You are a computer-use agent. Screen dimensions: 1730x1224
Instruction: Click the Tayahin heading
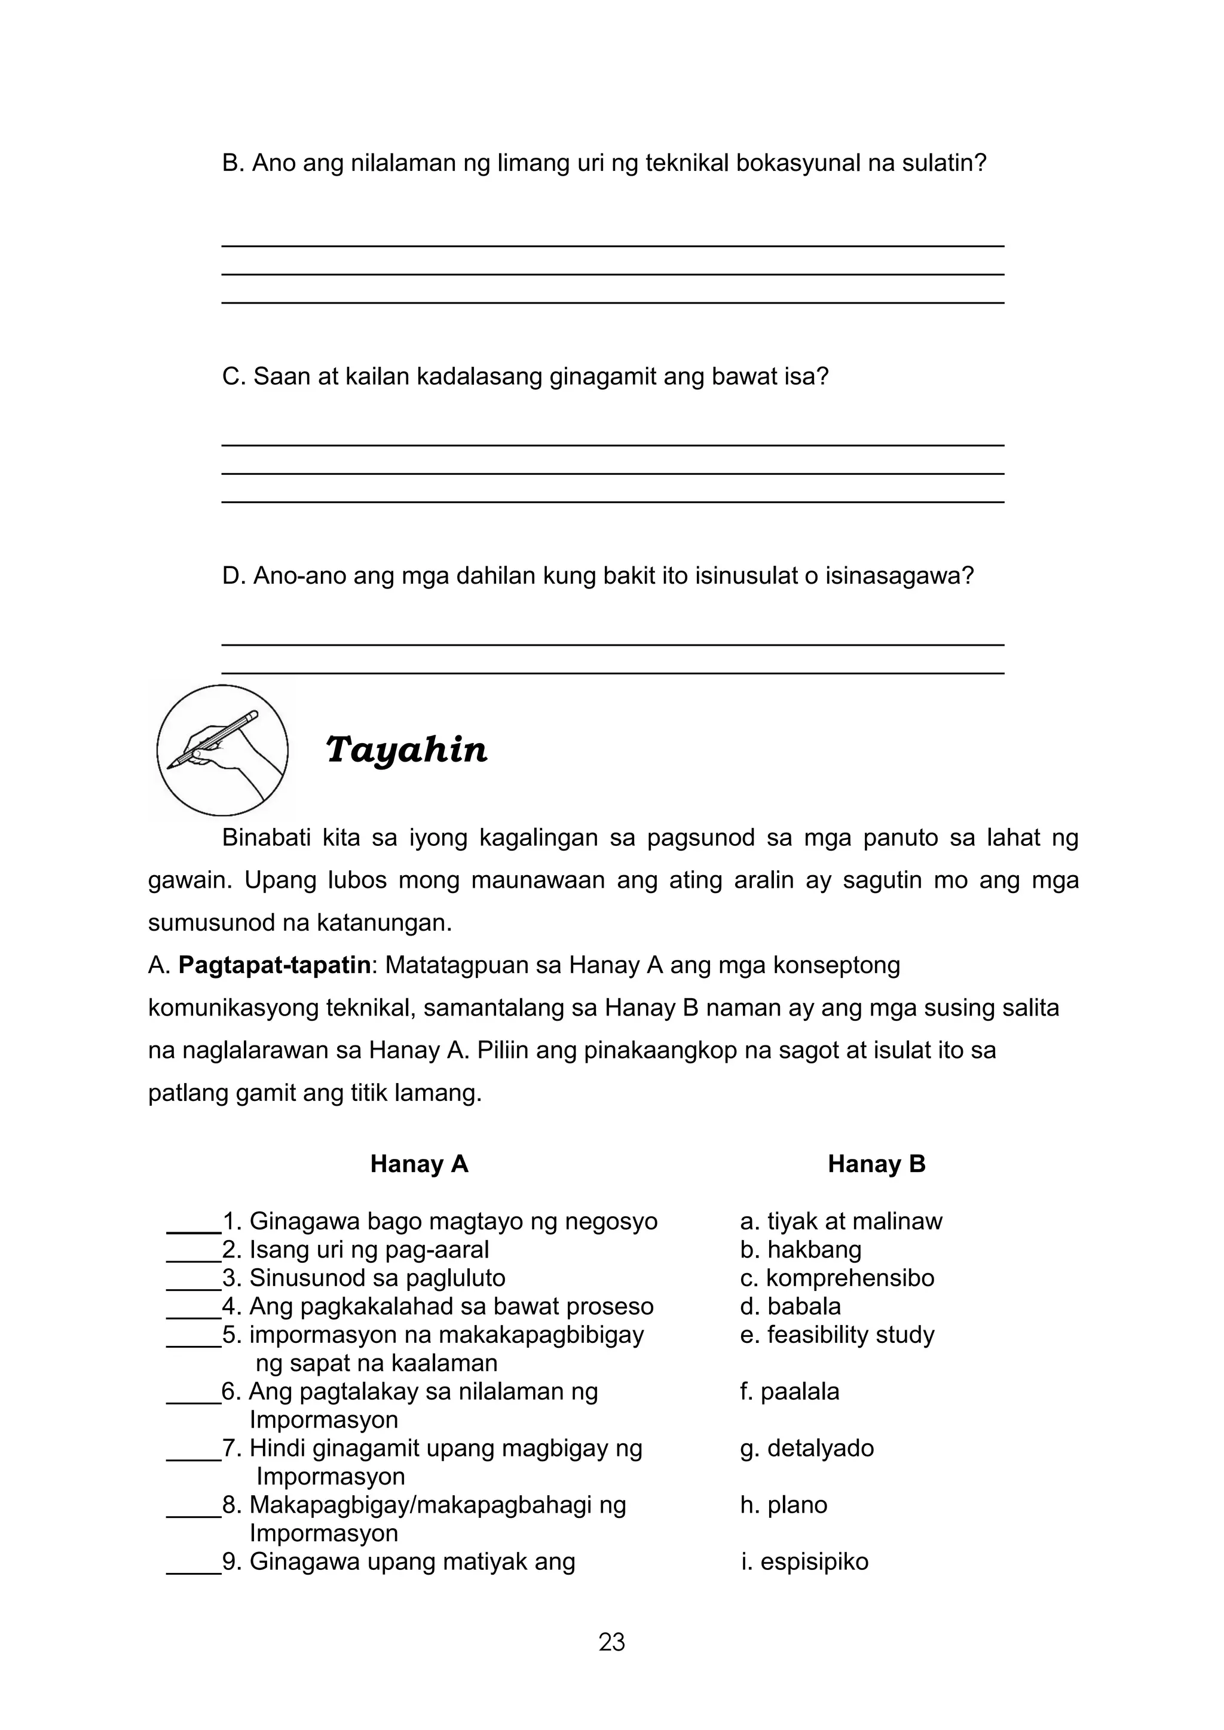(406, 750)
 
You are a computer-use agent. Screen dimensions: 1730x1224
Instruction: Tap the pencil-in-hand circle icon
(222, 750)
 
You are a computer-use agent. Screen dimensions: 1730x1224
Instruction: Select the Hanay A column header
(419, 1164)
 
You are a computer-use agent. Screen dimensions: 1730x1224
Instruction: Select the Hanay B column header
(876, 1164)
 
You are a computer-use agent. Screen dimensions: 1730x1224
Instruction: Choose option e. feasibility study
(837, 1335)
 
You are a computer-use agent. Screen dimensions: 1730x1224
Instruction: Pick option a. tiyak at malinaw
(840, 1222)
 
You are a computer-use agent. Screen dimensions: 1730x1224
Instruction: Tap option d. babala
(790, 1306)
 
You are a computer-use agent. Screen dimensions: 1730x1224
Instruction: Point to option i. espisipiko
(804, 1561)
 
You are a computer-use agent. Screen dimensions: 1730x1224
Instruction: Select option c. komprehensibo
(837, 1278)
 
